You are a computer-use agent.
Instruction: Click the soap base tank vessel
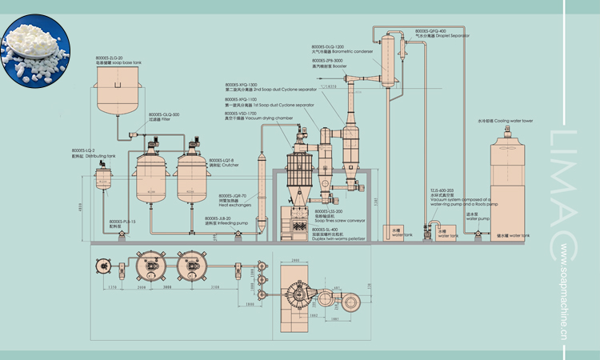coord(122,91)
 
